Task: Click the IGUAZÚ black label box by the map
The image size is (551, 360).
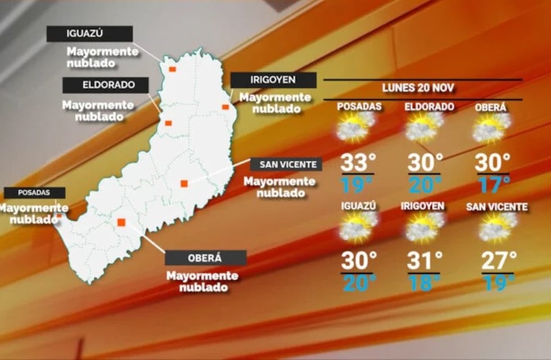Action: pos(89,34)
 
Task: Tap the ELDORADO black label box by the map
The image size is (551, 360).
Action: pos(105,85)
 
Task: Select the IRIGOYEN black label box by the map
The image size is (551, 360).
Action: pos(273,80)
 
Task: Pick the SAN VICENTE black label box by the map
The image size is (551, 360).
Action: pos(286,165)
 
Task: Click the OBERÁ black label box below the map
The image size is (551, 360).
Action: pos(205,258)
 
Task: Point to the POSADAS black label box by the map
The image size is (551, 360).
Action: pos(34,192)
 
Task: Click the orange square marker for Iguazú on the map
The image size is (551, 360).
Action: pos(172,69)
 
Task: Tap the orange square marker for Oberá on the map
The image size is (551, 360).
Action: pos(121,222)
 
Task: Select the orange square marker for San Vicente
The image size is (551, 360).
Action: pos(184,183)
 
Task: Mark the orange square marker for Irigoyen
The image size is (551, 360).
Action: pos(225,107)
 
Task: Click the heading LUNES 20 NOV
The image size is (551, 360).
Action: pos(418,88)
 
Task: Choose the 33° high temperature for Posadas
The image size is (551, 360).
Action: pos(358,163)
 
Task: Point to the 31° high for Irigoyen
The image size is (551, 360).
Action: pos(424,260)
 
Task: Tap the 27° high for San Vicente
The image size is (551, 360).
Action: pos(499,261)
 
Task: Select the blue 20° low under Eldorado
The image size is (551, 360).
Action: pos(424,184)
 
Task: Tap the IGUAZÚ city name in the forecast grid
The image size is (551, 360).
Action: pos(358,206)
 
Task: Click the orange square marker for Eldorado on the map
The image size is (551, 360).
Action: pos(168,123)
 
